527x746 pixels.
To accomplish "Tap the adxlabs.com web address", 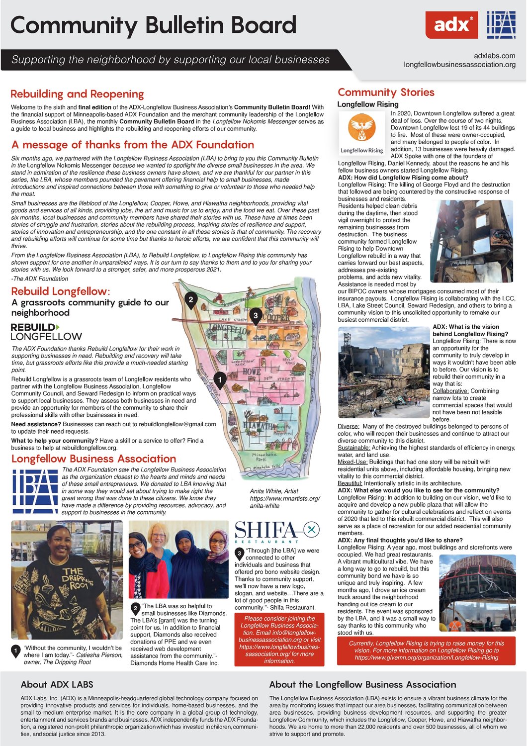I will [494, 56].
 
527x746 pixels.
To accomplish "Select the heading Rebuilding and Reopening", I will [77, 94].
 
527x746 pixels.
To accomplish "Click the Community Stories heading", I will [386, 93].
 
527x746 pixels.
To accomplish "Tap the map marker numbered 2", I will [190, 300].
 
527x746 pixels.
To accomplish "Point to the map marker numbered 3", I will [256, 316].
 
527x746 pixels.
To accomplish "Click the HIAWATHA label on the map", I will [259, 426].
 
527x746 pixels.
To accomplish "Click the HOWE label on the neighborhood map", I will [252, 372].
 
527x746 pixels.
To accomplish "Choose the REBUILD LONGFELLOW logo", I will [46, 332].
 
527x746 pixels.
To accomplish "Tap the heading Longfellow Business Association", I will [93, 459].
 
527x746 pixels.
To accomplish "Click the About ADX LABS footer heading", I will [57, 685].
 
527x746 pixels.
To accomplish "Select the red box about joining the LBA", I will [279, 640].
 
